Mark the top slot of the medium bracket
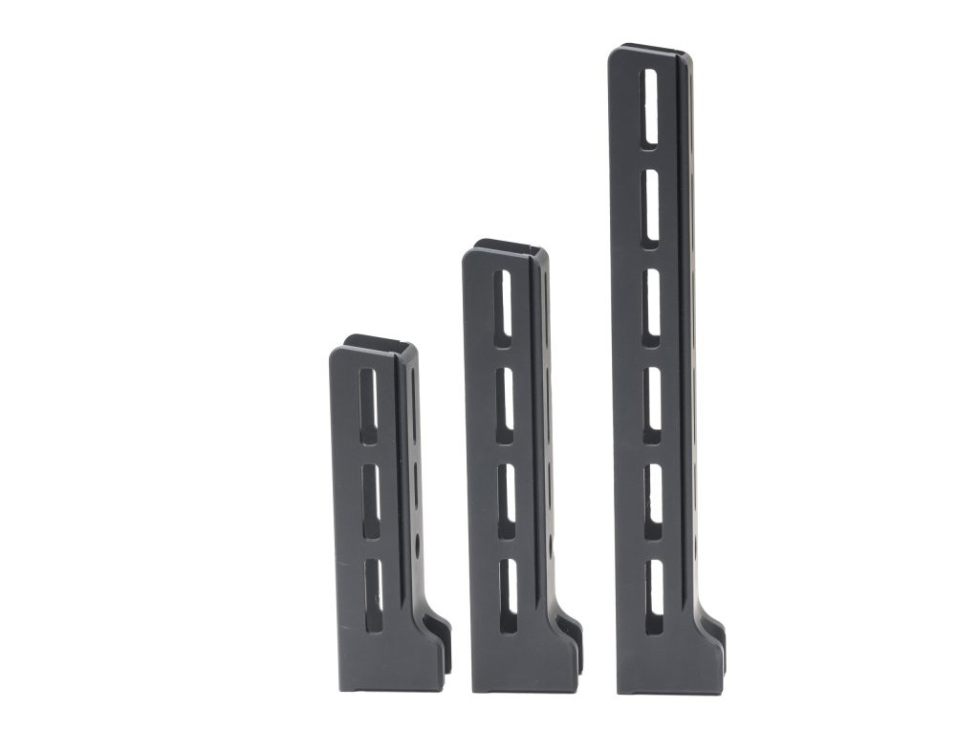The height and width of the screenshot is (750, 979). point(503,303)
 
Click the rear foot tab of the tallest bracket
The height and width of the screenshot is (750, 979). point(714,635)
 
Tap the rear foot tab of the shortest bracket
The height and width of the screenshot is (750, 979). point(439,635)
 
